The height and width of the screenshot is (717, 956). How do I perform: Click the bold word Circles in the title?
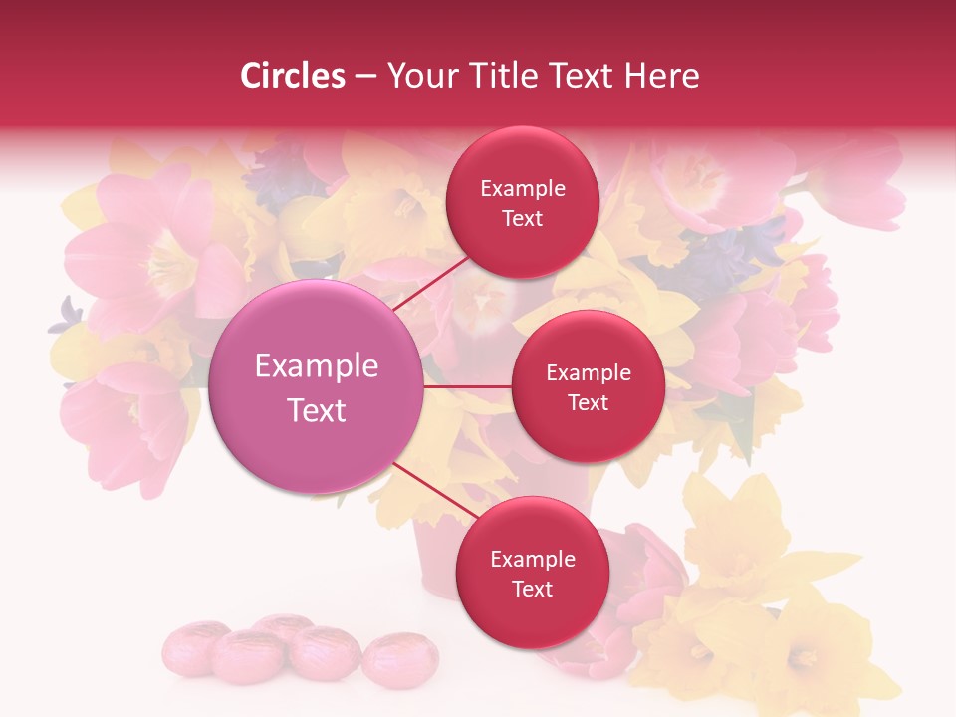[293, 76]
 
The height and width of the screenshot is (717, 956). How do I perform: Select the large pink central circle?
[315, 385]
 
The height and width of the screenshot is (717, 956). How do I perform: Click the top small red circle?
[522, 202]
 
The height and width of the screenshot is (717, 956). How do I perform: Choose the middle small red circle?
[588, 386]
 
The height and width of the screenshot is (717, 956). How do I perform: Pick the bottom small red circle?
[532, 573]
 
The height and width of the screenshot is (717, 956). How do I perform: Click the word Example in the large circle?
[317, 366]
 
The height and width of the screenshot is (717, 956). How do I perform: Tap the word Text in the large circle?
[317, 410]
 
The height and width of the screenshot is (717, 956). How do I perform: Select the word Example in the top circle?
[523, 189]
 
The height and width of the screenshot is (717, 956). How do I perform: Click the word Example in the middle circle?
[589, 373]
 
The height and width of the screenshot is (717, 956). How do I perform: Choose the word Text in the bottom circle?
[532, 589]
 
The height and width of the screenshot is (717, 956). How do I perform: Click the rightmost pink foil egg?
[386, 659]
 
